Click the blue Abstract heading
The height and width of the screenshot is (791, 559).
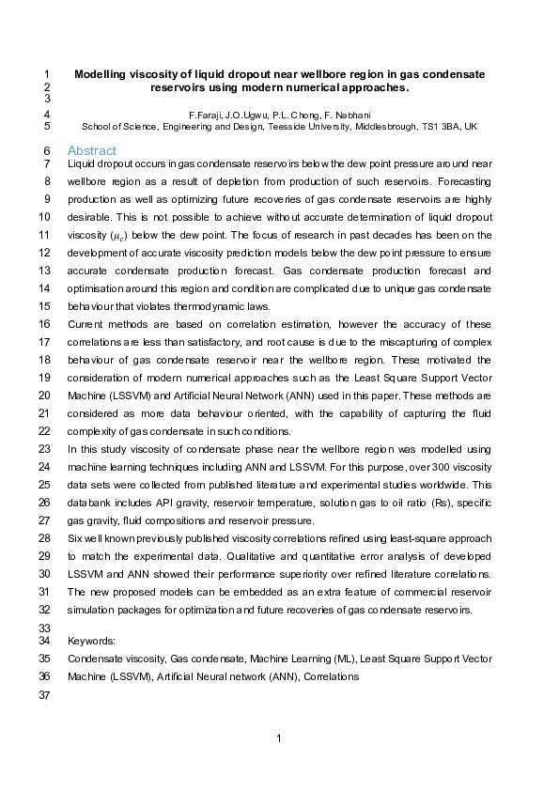click(x=92, y=150)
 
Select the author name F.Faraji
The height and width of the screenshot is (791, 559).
click(x=209, y=115)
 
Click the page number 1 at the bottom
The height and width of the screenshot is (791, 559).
click(x=279, y=739)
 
